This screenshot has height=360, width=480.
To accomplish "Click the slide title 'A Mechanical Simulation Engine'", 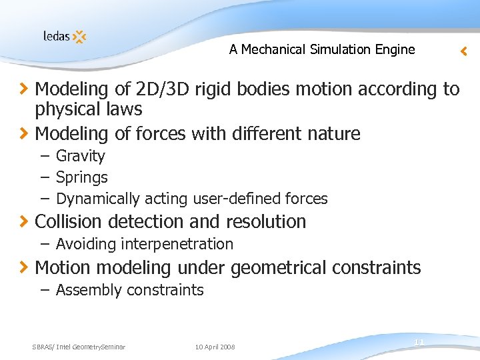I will (x=321, y=49).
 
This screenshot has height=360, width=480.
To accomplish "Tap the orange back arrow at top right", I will (x=464, y=51).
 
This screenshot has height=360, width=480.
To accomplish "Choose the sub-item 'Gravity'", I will (x=80, y=156).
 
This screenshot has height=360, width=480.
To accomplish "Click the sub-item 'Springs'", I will (x=81, y=177).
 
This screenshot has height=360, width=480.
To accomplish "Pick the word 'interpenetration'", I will (x=177, y=244).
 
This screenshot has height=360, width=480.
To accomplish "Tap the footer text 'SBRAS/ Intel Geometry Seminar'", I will (x=79, y=347).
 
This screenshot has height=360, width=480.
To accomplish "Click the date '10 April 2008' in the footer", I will (x=215, y=347).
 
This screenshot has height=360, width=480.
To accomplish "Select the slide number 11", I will (x=419, y=342).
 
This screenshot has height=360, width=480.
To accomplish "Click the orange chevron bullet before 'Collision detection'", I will (x=23, y=221).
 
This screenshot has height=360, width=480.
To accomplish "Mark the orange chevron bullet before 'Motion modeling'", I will (x=23, y=268).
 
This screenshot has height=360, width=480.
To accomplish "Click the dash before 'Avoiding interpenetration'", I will (x=45, y=244).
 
